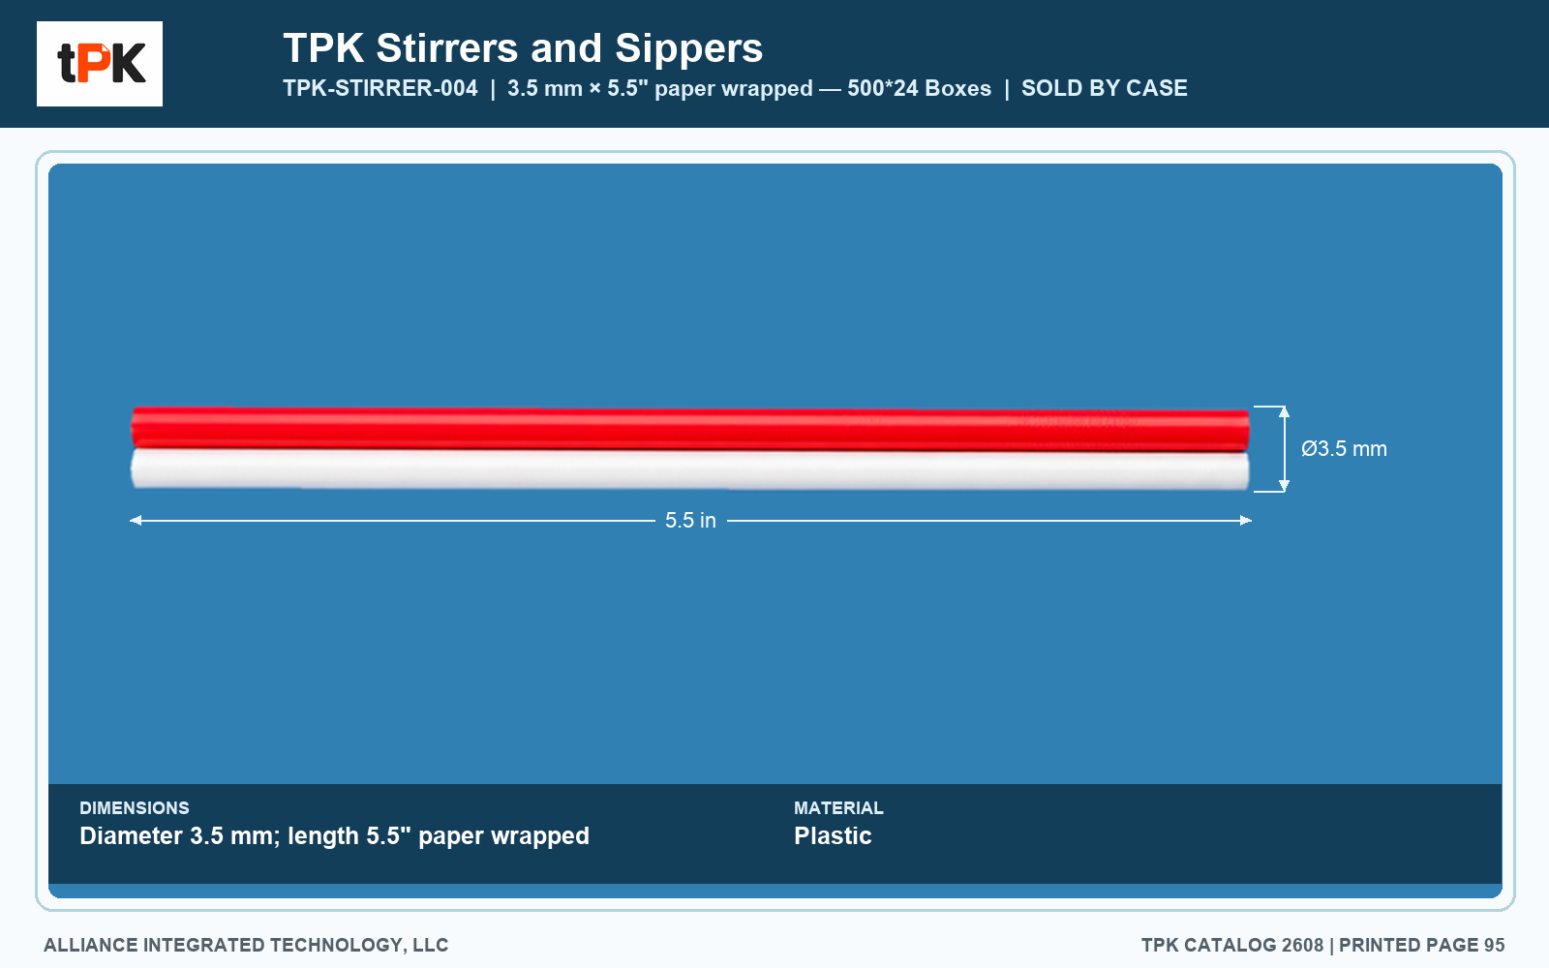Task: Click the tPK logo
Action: (x=100, y=64)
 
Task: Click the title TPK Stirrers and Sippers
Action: (x=523, y=48)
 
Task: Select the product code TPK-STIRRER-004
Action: (x=380, y=88)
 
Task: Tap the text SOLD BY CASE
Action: (x=1105, y=88)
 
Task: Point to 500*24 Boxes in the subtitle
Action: (x=919, y=88)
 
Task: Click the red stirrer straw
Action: (x=690, y=429)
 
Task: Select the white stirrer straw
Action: (x=690, y=469)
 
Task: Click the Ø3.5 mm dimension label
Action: (x=1344, y=449)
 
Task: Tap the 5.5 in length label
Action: (x=690, y=520)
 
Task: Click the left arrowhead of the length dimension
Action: (x=136, y=520)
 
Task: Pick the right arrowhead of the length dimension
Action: (x=1245, y=520)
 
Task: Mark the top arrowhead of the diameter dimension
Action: (x=1284, y=411)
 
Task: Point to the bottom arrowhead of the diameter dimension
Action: (x=1284, y=486)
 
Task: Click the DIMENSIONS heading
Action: (x=135, y=807)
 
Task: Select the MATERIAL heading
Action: (x=838, y=807)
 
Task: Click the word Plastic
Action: (x=833, y=836)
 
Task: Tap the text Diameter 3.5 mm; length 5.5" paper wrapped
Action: (x=335, y=836)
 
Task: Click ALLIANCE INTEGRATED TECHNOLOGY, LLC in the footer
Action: (x=246, y=945)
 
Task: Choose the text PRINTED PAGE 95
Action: (x=1422, y=945)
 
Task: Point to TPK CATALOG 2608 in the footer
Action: (x=1232, y=945)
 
